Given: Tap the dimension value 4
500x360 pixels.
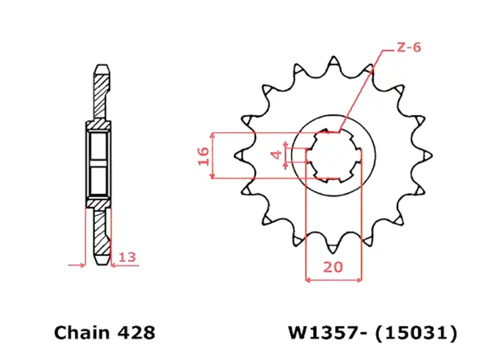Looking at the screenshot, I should pos(275,155).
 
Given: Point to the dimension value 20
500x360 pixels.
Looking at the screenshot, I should pos(333,267).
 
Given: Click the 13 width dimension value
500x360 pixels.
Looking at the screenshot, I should pos(127,257).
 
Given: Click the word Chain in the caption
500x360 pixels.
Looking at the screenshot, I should pos(81,332).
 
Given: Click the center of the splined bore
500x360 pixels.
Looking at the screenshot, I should pos(333,155).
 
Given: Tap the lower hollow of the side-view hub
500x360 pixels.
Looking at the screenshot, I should pos(98,181).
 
